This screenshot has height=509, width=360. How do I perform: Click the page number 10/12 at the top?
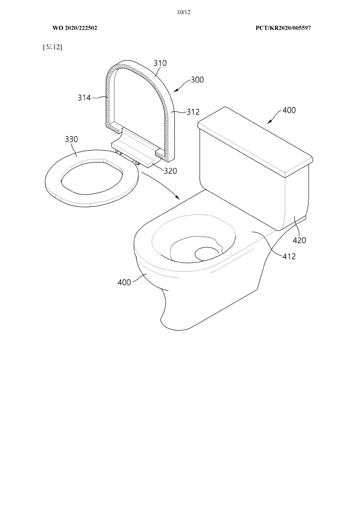click(x=184, y=12)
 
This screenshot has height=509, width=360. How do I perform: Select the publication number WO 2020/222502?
click(x=75, y=28)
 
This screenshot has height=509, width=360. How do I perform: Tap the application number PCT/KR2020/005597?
click(x=283, y=28)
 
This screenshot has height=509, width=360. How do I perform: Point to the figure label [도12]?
click(x=52, y=47)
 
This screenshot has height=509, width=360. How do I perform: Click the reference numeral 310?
click(x=160, y=63)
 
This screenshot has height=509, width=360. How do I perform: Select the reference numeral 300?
click(x=197, y=80)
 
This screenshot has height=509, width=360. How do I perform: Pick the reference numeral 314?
click(x=84, y=97)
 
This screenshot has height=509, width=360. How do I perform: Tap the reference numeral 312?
click(x=193, y=112)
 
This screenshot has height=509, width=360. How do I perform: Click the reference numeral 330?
click(x=71, y=139)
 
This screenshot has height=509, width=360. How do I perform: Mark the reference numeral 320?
click(x=170, y=171)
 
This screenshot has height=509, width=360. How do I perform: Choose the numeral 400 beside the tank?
click(x=289, y=111)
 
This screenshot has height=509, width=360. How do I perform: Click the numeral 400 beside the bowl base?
click(x=124, y=282)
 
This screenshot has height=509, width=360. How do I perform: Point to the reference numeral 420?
click(x=299, y=240)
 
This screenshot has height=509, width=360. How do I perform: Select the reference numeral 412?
click(x=289, y=257)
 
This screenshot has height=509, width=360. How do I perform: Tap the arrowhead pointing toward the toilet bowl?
click(x=177, y=197)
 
